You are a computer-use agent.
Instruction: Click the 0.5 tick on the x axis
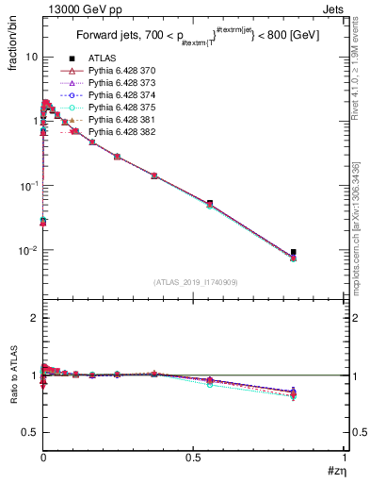tap(194, 459)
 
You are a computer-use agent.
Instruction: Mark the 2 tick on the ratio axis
tap(33, 318)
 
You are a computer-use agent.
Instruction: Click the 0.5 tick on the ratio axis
tap(29, 432)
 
